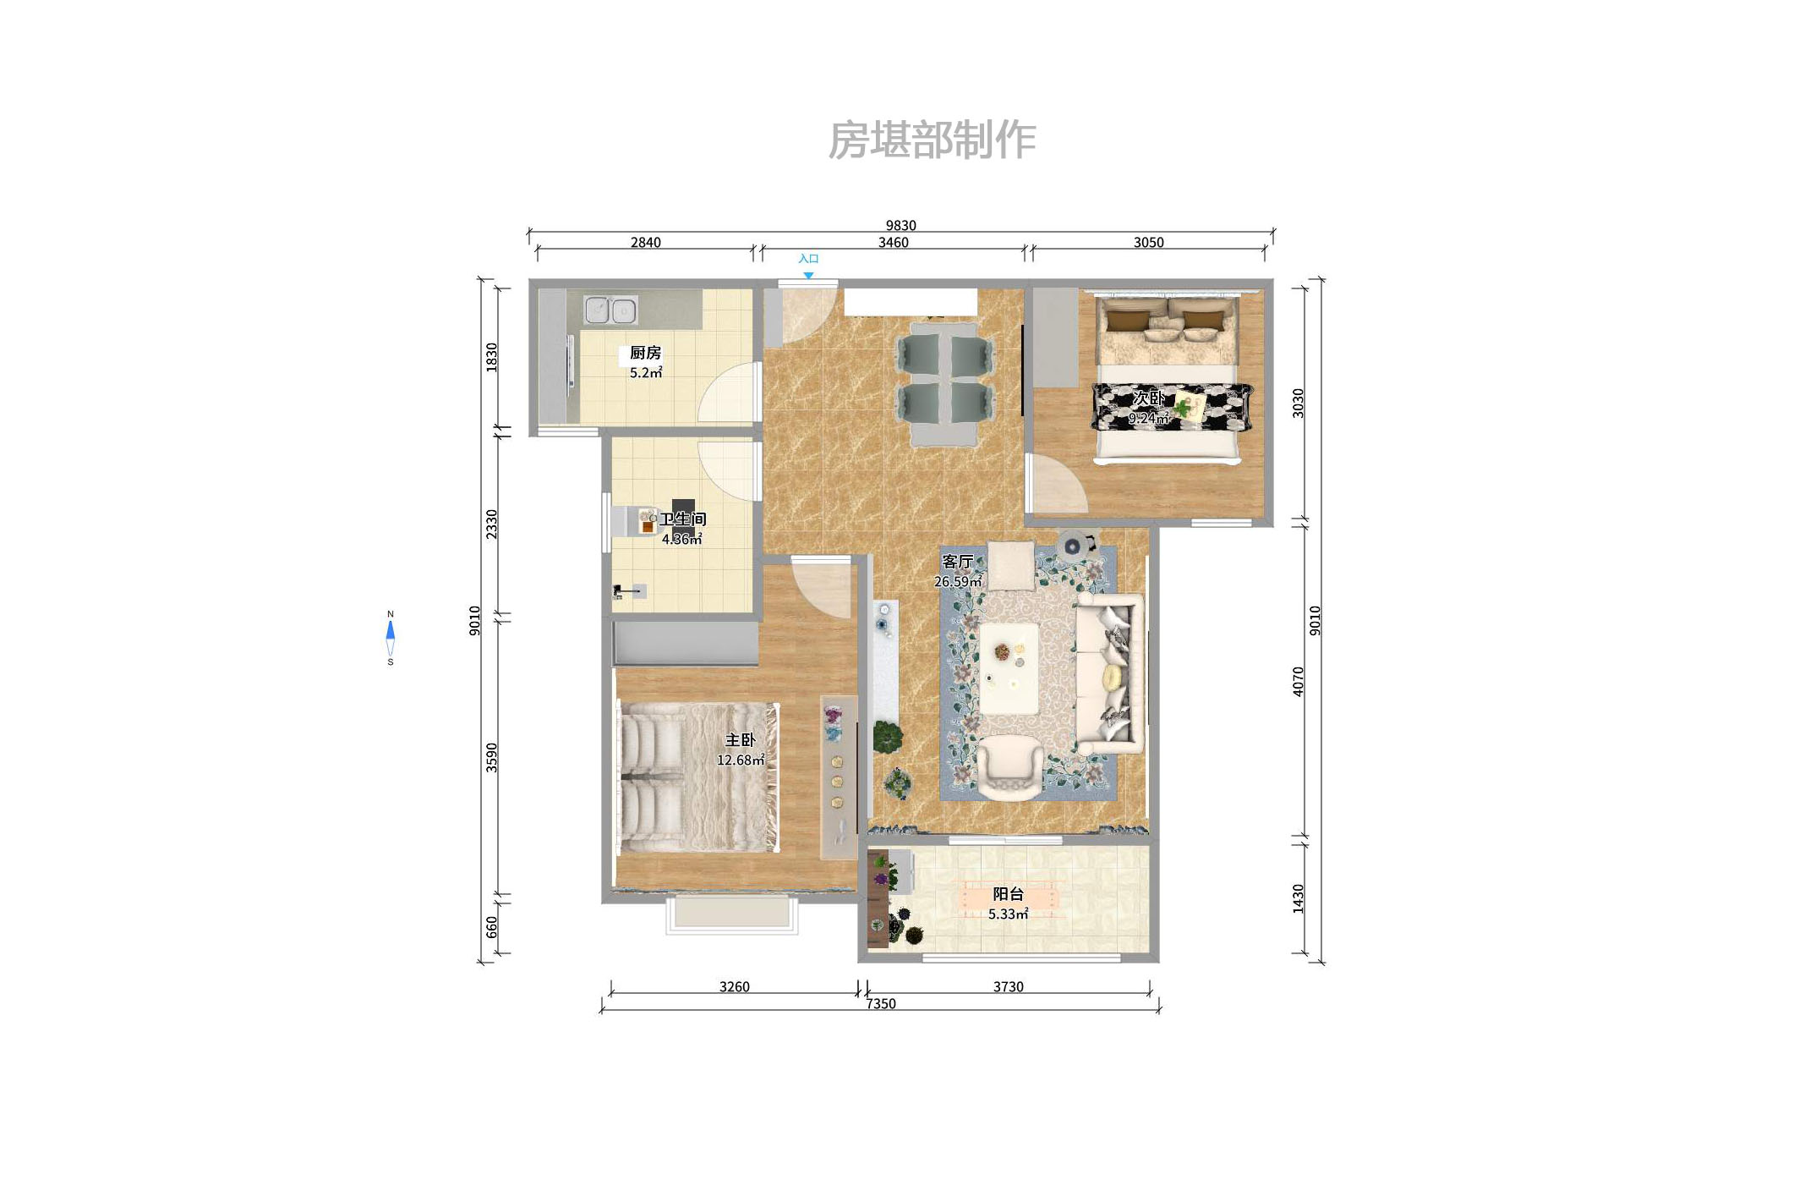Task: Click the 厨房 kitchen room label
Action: (x=645, y=353)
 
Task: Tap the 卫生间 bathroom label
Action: (x=682, y=519)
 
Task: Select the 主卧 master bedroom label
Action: (x=740, y=740)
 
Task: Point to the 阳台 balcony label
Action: (x=1008, y=894)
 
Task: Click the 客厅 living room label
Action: (x=958, y=562)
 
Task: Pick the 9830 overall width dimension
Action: (x=900, y=225)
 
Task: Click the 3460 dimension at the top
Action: (x=893, y=243)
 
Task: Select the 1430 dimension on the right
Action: (x=1298, y=898)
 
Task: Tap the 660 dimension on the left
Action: (x=492, y=927)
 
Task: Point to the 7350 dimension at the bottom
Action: (x=880, y=1004)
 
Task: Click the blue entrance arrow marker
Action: (x=808, y=275)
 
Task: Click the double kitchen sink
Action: (x=610, y=310)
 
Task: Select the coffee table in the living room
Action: (x=1009, y=668)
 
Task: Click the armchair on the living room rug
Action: (x=1009, y=766)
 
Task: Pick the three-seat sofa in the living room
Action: (x=1109, y=673)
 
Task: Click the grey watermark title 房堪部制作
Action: (x=932, y=140)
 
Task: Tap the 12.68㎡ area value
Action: (x=741, y=760)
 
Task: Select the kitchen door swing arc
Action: (x=727, y=393)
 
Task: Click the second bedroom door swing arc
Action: (x=1057, y=486)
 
